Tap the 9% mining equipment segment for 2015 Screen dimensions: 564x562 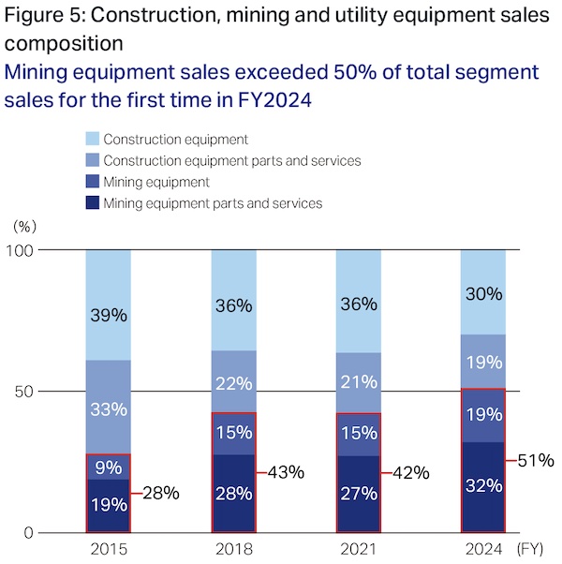tap(108, 467)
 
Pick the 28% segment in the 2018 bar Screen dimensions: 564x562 tap(233, 493)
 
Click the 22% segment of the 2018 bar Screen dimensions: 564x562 tap(233, 381)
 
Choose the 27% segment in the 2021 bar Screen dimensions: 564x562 tap(357, 494)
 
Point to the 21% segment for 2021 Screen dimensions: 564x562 tap(357, 382)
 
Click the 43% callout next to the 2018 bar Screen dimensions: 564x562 tap(287, 472)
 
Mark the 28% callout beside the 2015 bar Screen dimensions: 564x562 tap(161, 492)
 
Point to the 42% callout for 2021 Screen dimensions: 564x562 tap(410, 472)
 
